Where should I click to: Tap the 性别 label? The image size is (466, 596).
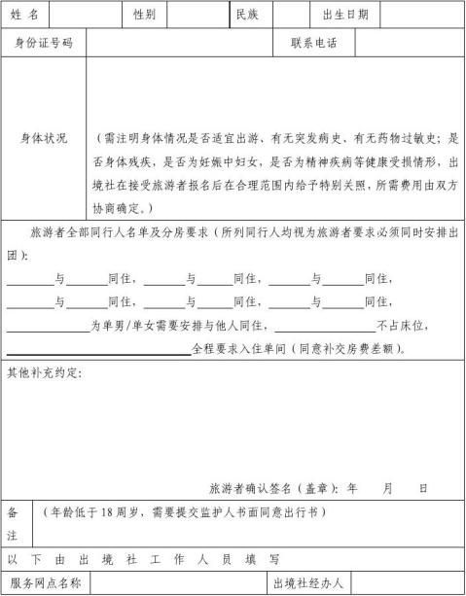144,15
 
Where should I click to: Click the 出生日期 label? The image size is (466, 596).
344,15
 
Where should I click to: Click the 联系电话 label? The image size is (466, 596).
314,43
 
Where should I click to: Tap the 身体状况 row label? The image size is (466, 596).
44,139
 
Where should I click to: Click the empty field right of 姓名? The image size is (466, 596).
85,15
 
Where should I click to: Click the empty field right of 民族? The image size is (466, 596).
291,15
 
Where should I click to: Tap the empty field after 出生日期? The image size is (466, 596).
421,15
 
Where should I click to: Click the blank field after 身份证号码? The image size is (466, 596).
179,43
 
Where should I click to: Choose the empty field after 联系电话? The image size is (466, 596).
410,43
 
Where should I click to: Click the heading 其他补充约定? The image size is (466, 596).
45,373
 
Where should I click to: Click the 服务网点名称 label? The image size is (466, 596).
45,583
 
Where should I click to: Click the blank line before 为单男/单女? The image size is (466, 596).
49,328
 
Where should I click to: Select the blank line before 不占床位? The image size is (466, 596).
325,328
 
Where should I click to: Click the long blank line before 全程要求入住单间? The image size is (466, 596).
99,350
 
